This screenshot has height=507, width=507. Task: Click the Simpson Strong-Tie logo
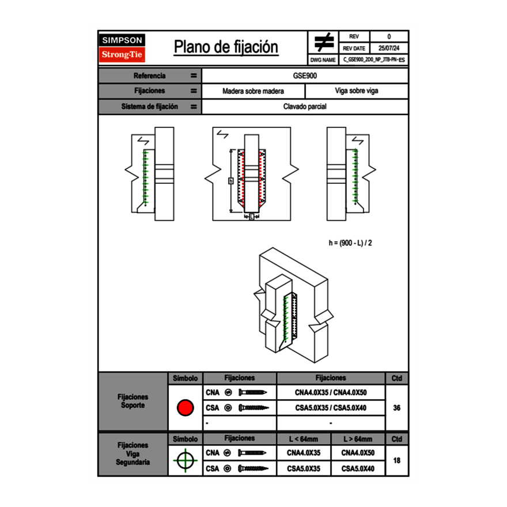coord(123,48)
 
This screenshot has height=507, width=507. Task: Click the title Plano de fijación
coord(226,47)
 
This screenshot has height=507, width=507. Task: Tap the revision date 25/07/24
coord(389,48)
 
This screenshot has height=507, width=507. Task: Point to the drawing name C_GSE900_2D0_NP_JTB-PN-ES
coord(374,59)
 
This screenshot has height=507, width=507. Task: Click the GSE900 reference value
coord(305,75)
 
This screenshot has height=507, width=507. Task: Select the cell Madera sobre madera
coord(253,91)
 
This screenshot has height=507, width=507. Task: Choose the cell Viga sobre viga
coord(357,91)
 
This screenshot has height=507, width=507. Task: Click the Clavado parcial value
coord(305,107)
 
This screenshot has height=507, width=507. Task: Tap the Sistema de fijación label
coord(150,107)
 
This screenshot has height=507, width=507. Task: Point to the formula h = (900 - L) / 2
coord(350,243)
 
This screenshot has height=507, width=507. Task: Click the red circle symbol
coord(185,408)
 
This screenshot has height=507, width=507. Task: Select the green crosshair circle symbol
coord(185,460)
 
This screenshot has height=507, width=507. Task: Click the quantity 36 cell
coord(396,408)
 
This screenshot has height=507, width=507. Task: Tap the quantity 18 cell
coord(396,460)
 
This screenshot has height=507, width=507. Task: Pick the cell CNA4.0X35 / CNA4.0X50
coord(331,392)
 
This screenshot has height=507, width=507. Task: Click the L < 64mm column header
coord(304,439)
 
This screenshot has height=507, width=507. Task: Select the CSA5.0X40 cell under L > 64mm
coord(358,469)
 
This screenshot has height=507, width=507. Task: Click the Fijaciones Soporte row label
coord(133,401)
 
